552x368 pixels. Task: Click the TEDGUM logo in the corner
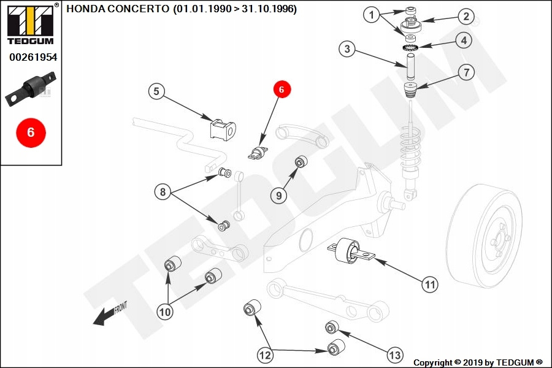31,25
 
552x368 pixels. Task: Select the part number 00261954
33,57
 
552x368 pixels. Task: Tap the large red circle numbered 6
31,132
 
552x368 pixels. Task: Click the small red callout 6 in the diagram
281,90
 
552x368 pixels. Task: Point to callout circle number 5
156,91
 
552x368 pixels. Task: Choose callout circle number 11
430,284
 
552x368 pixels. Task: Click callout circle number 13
394,355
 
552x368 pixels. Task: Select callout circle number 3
348,49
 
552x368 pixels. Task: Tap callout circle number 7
467,72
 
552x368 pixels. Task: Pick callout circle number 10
165,312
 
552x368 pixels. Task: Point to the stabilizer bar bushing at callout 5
223,129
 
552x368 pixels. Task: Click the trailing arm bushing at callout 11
351,250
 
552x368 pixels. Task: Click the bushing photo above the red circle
31,89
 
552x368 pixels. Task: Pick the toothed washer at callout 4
410,48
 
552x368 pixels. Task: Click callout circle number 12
265,355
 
